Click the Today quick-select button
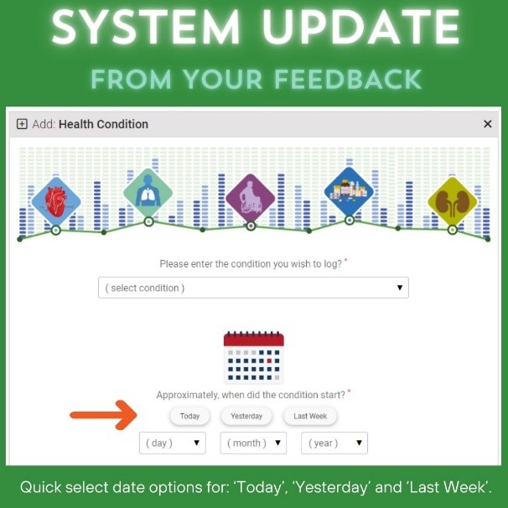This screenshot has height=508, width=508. [x=189, y=416]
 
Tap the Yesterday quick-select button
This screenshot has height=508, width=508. [x=246, y=416]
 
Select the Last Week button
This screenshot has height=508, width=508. [x=310, y=416]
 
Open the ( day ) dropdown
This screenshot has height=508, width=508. [x=173, y=443]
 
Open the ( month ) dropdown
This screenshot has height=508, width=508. [x=253, y=443]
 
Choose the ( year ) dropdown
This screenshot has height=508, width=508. [x=334, y=443]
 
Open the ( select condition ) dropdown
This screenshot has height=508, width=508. [x=253, y=288]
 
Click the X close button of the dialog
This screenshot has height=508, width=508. [x=488, y=124]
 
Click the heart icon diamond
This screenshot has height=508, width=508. [x=56, y=201]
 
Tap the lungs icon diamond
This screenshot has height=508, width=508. [x=148, y=193]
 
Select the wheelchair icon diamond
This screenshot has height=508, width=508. [x=250, y=199]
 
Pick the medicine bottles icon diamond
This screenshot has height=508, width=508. [x=349, y=191]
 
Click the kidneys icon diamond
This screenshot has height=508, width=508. [x=453, y=201]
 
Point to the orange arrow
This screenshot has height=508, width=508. [x=103, y=415]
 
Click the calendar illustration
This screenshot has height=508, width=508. [x=254, y=357]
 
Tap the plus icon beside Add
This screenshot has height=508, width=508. [x=22, y=124]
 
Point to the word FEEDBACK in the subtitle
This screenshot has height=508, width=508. [x=348, y=80]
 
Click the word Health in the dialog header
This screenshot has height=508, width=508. [x=76, y=124]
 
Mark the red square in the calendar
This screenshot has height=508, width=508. [x=269, y=360]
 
